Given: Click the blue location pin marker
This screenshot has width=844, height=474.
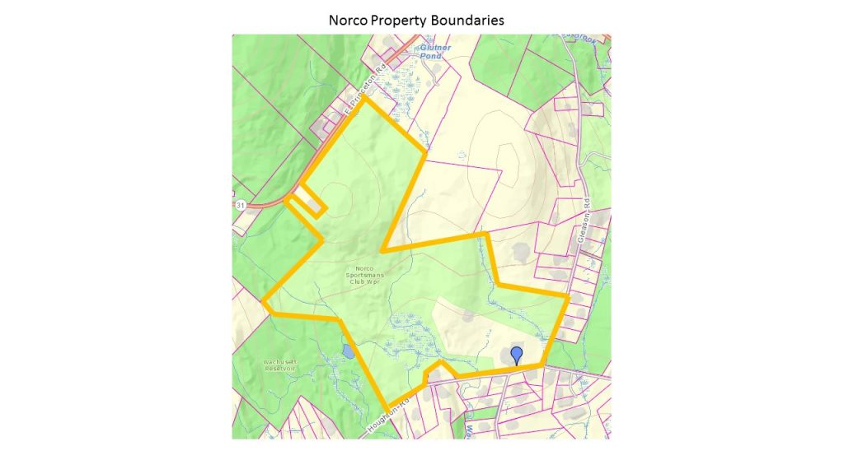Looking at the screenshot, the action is point(517,355).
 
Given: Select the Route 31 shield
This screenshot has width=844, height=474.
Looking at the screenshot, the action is point(240,204).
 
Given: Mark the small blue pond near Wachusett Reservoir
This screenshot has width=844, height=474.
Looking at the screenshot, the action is point(348,352).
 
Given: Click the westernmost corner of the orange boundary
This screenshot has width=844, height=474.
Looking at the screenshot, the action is point(264,301).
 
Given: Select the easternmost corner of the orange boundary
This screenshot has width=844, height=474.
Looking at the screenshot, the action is point(568,295).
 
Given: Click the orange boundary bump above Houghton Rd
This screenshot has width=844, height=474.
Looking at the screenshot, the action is point(440,364).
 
